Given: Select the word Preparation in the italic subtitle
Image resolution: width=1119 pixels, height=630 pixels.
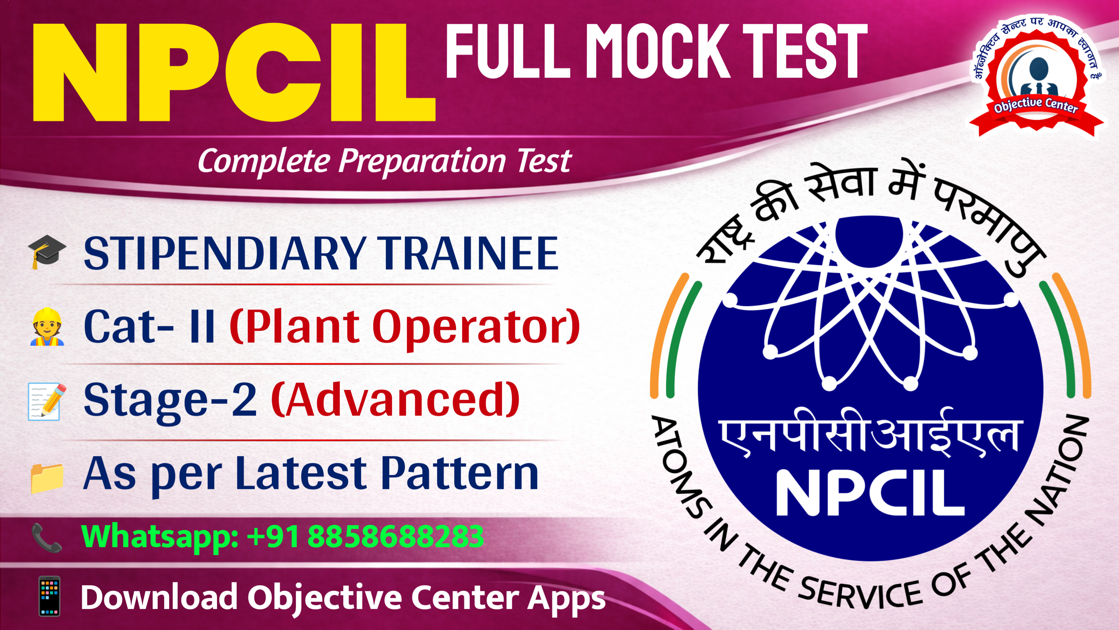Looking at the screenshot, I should (x=422, y=161).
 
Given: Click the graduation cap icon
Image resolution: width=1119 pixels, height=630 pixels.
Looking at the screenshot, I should (x=47, y=251).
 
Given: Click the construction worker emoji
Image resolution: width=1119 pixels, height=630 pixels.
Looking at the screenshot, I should (x=47, y=327).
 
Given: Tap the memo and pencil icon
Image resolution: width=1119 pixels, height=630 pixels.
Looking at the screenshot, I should (x=46, y=401).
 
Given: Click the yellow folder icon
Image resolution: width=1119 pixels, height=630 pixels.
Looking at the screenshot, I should (x=47, y=478).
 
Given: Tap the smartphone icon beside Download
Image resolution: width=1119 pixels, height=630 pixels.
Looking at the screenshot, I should (x=49, y=596).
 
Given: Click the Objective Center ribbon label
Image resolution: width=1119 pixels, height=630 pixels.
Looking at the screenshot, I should (x=1036, y=105).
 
